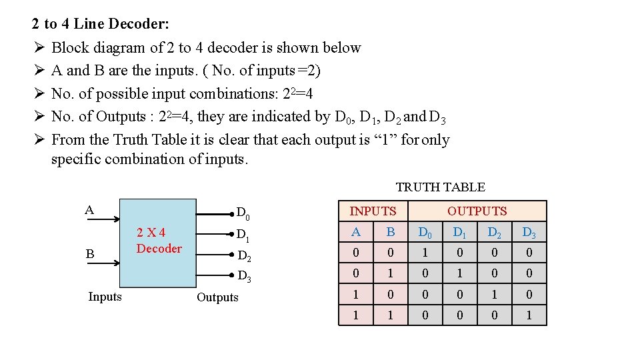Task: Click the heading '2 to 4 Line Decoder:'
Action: point(101,25)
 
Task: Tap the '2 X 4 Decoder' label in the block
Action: point(159,241)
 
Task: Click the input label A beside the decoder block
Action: point(89,210)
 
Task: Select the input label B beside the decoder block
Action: point(89,254)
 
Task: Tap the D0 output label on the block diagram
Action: point(243,214)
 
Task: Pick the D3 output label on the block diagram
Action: point(244,276)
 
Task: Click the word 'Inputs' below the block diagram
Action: point(105,297)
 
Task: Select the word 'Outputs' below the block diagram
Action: point(217,297)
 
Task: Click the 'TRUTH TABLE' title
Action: point(440,187)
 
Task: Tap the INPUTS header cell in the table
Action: point(373,211)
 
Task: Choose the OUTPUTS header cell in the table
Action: point(477,211)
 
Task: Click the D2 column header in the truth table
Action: point(494,233)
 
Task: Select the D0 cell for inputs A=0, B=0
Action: point(425,253)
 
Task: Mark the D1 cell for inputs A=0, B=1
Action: point(459,273)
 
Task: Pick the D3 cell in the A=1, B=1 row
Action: point(529,315)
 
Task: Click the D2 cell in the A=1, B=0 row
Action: point(494,294)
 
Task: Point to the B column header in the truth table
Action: point(391,233)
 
